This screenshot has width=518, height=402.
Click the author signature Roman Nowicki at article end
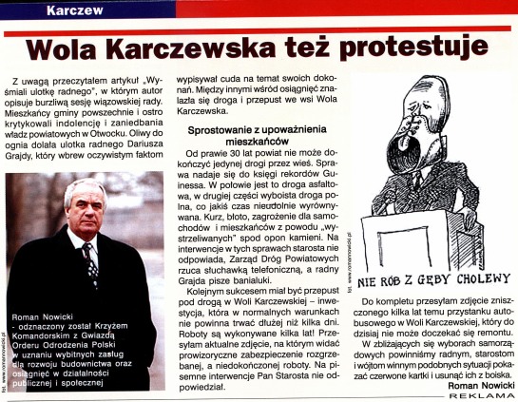[475, 387]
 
